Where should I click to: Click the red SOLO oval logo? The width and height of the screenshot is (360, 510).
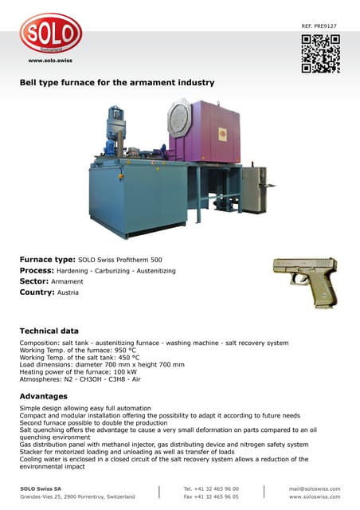[51, 34]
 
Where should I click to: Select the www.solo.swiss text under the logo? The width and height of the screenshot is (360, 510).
[50, 61]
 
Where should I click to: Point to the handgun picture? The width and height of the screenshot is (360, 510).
[305, 279]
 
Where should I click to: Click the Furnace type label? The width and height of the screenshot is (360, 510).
[47, 260]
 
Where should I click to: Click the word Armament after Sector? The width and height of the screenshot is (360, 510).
[70, 282]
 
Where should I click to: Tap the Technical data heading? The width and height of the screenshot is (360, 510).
[49, 331]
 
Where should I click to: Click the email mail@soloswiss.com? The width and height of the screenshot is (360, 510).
[314, 488]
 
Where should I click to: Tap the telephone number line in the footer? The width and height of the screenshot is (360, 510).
[210, 488]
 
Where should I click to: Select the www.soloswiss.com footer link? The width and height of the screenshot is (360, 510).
[315, 496]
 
